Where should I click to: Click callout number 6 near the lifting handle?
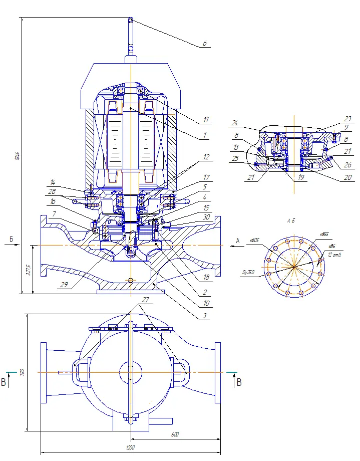click(205, 44)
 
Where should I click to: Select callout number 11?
click(205, 121)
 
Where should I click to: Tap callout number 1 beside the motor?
click(205, 135)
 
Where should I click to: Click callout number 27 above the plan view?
click(145, 299)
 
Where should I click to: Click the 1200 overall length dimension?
click(131, 447)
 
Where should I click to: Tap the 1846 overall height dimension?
click(17, 155)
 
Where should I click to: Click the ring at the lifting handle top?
click(131, 21)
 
